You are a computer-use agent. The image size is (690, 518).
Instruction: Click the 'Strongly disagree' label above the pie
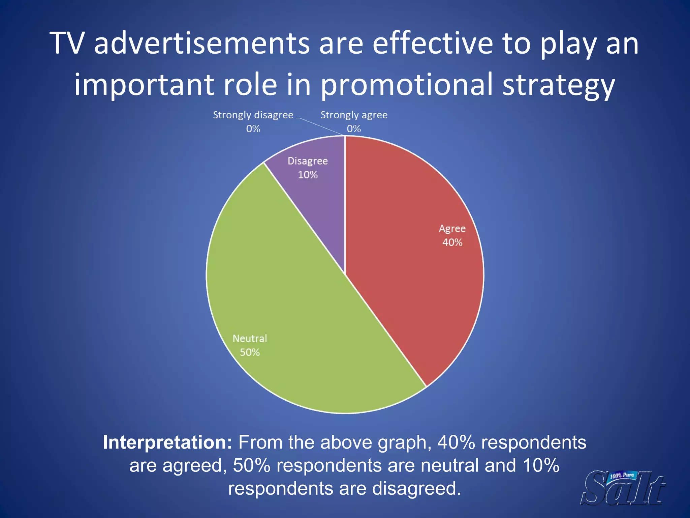253,115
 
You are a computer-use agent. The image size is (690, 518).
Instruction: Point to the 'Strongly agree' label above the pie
354,115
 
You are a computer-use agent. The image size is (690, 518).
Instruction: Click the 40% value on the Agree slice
452,242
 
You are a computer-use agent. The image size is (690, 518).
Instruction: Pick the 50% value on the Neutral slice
250,352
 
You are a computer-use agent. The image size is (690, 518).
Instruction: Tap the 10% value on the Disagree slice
308,175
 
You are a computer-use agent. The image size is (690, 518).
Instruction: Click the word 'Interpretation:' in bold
167,442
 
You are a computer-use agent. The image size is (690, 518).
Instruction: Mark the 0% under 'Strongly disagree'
253,129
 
